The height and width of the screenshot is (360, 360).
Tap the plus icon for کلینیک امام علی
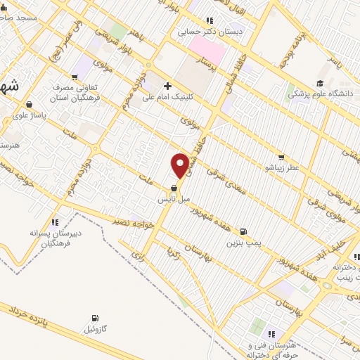point(167,86)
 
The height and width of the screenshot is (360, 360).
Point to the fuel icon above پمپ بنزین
point(243,231)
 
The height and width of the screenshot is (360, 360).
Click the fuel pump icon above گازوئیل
point(95,318)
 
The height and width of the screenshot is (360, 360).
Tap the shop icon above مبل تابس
point(173,188)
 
